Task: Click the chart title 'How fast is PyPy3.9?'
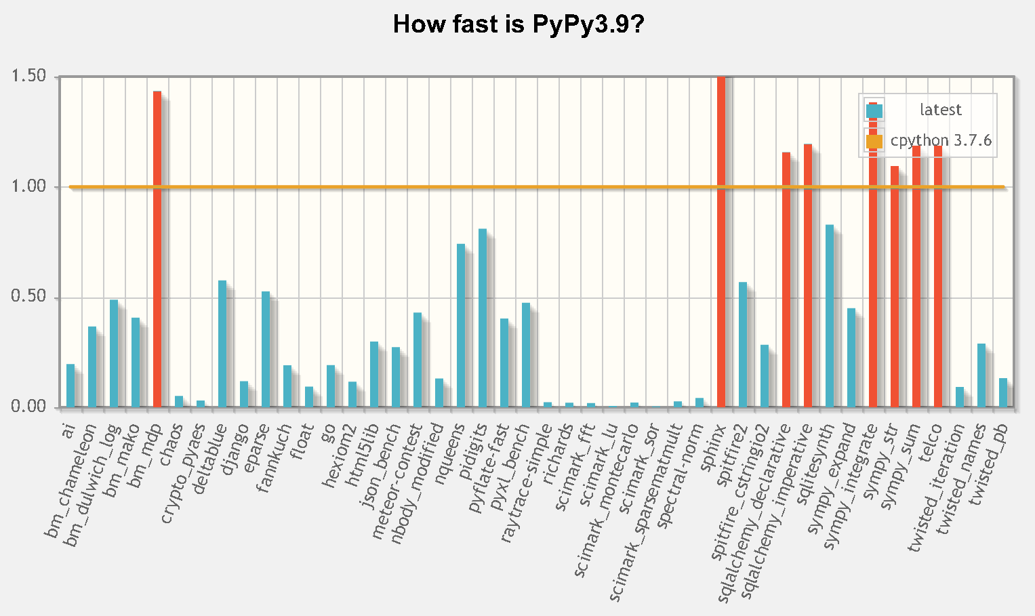tap(518, 25)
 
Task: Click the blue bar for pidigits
tap(483, 319)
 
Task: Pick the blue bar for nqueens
tap(461, 326)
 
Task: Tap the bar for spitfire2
tap(743, 345)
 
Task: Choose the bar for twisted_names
tap(981, 375)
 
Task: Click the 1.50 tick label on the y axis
tap(29, 76)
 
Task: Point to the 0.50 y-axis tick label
tap(29, 297)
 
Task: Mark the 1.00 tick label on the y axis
tap(29, 186)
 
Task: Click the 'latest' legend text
tap(940, 110)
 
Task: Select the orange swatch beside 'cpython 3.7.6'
tap(874, 141)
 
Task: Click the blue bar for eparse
tap(266, 350)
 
